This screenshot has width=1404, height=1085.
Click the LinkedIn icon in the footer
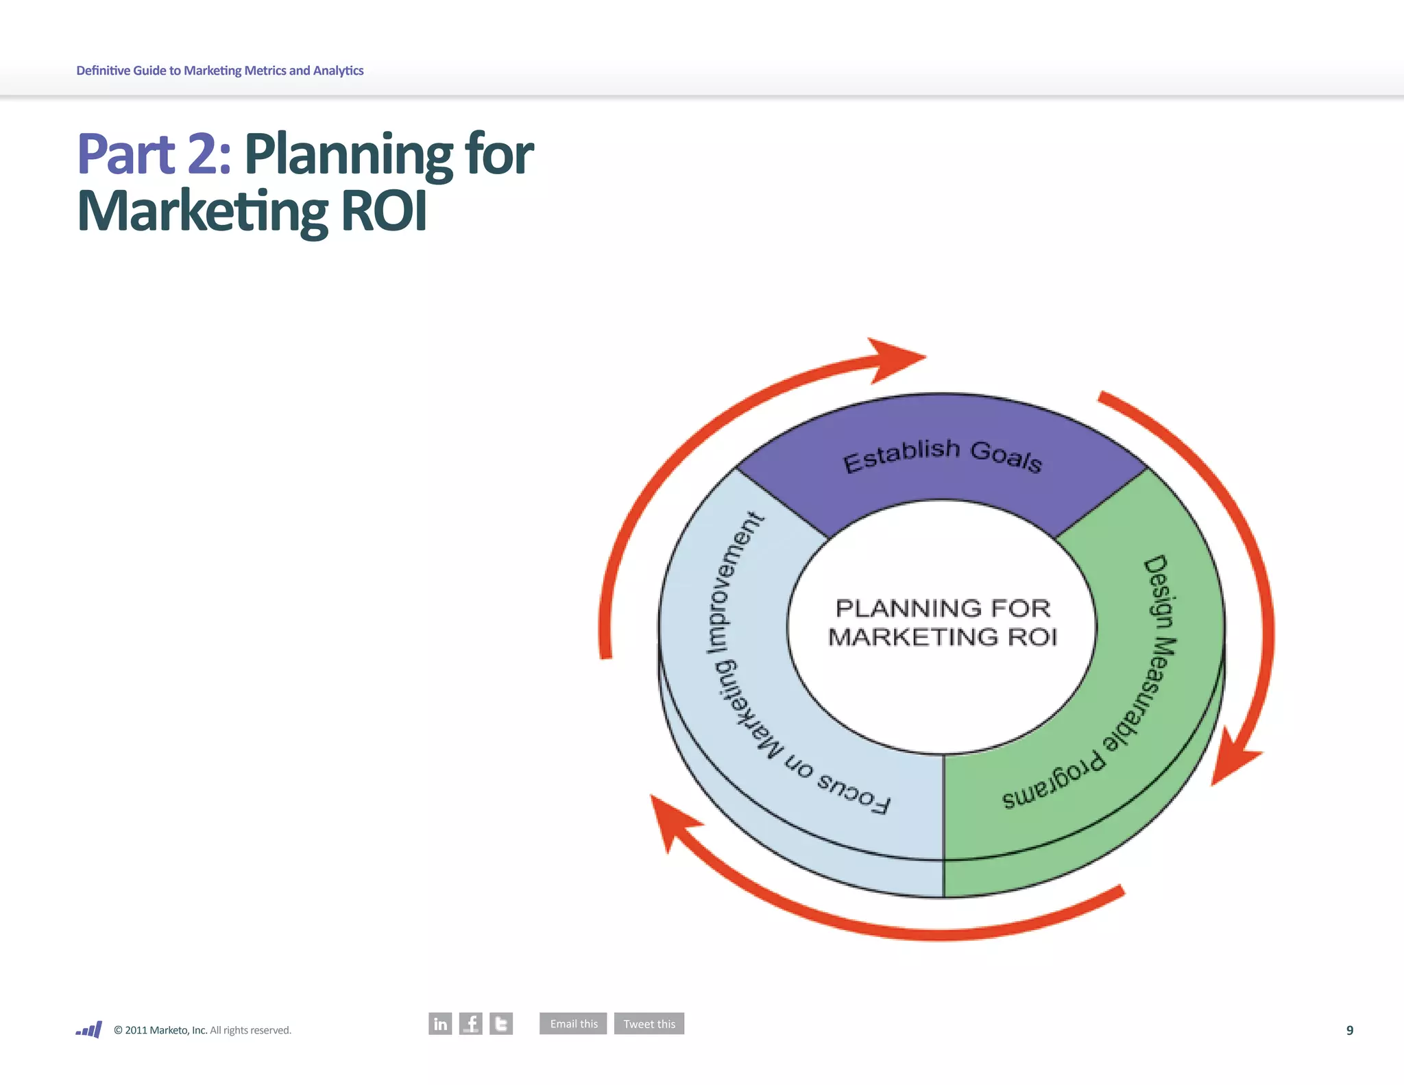(440, 1023)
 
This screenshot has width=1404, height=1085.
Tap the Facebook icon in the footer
(471, 1023)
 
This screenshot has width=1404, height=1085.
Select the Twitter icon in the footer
(501, 1023)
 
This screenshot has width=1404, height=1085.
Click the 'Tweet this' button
(649, 1023)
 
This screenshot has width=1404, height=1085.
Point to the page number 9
(1349, 1030)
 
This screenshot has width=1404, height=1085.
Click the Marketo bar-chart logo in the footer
(89, 1029)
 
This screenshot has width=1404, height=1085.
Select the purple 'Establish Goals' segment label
(942, 455)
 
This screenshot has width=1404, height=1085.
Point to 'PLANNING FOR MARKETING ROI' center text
(943, 622)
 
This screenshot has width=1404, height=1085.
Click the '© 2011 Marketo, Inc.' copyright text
(160, 1030)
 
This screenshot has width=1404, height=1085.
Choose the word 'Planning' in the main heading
(348, 155)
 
